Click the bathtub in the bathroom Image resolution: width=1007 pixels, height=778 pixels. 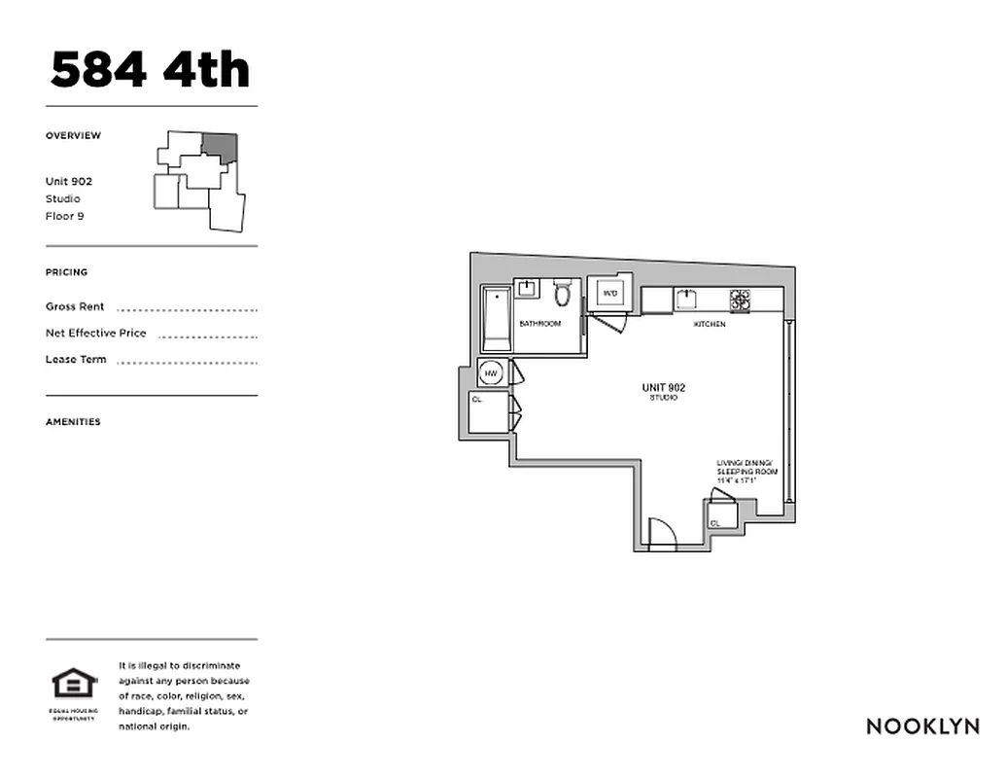pyautogui.click(x=497, y=319)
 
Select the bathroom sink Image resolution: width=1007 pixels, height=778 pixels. pyautogui.click(x=528, y=288)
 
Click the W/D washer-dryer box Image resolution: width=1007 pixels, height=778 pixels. pyautogui.click(x=610, y=293)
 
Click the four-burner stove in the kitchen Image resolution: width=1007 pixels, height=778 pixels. pyautogui.click(x=741, y=300)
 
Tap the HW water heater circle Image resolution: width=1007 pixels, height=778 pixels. pyautogui.click(x=492, y=373)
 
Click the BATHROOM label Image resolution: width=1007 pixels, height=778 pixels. pyautogui.click(x=540, y=324)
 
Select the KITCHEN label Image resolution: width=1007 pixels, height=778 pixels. pyautogui.click(x=709, y=324)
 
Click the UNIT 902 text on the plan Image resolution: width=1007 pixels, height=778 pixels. pyautogui.click(x=664, y=388)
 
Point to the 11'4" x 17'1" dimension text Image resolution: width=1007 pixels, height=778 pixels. pyautogui.click(x=735, y=479)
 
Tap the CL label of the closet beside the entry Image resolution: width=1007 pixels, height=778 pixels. pyautogui.click(x=715, y=523)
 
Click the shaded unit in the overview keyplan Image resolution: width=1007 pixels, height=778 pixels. pyautogui.click(x=221, y=147)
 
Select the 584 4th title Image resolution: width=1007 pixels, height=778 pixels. pyautogui.click(x=151, y=70)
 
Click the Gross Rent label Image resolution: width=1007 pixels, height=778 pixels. pyautogui.click(x=75, y=306)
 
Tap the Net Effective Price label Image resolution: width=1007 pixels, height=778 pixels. pyautogui.click(x=96, y=333)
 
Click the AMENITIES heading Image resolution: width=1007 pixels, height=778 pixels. pyautogui.click(x=73, y=422)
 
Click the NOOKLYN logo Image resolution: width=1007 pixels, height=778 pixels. pyautogui.click(x=922, y=725)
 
